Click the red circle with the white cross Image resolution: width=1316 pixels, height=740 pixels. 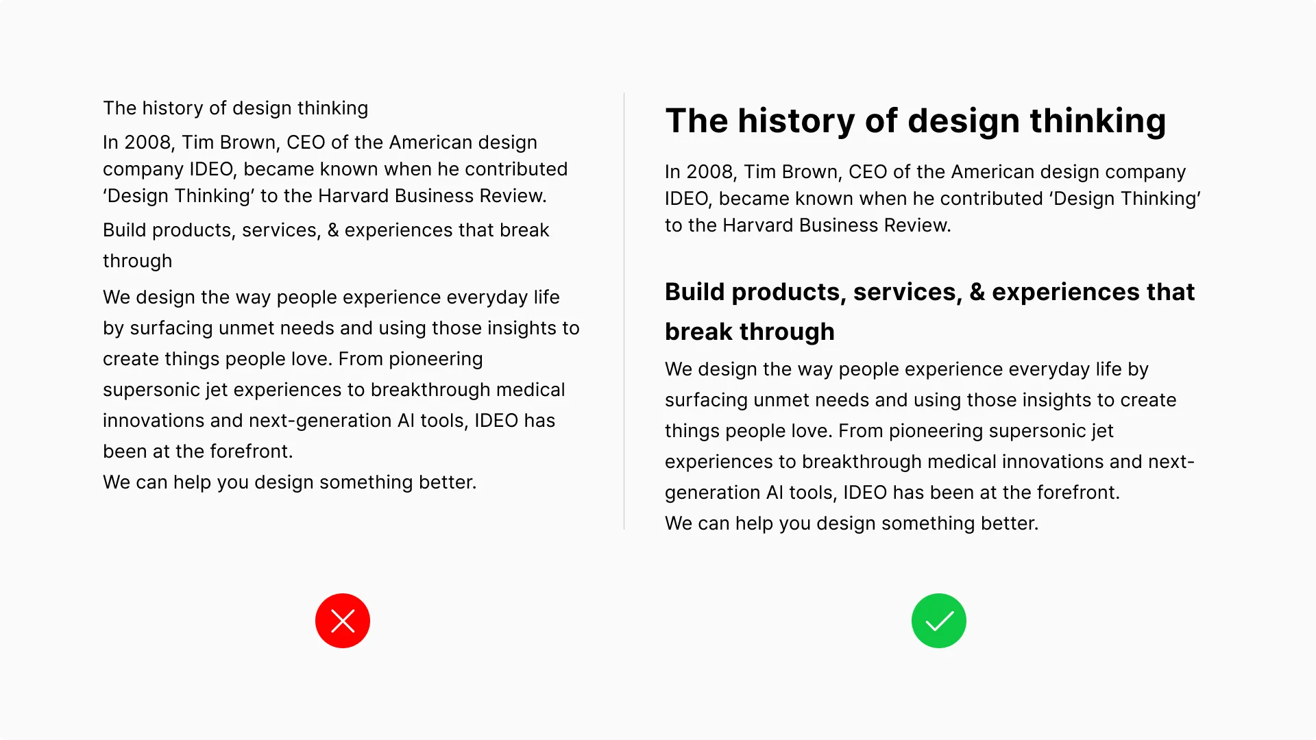(343, 621)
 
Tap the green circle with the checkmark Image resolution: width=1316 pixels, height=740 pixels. (939, 621)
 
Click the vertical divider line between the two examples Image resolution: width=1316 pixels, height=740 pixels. (624, 311)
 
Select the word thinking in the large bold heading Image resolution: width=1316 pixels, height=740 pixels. (1098, 121)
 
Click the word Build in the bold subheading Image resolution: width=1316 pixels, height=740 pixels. (695, 292)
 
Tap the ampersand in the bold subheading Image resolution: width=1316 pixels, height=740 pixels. (977, 292)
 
